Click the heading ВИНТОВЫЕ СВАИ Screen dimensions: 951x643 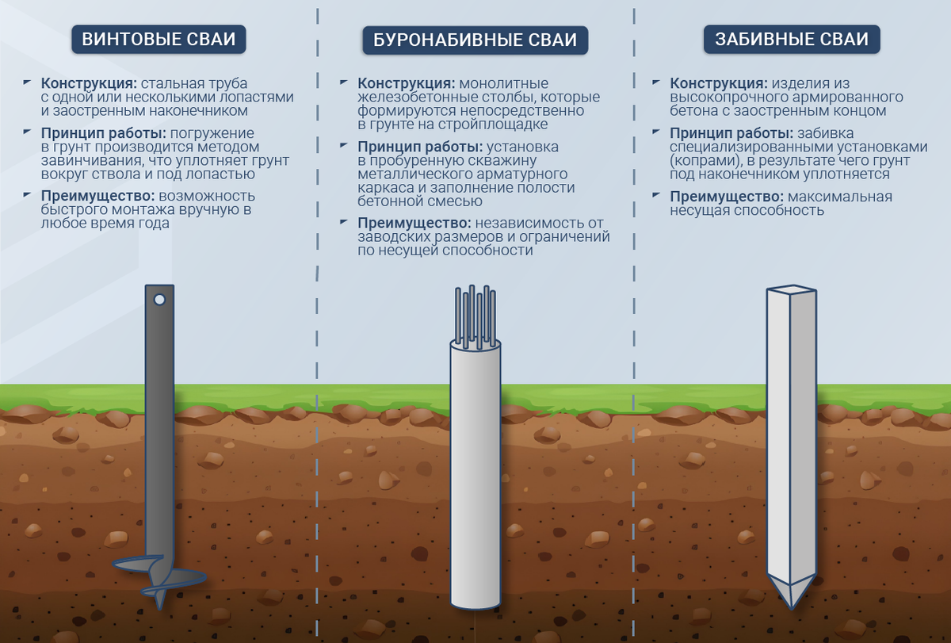[x=158, y=39]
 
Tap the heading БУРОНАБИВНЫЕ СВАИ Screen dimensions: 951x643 [x=475, y=40]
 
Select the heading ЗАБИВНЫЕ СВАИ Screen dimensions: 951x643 [x=792, y=39]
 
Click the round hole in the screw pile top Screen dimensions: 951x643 [x=159, y=300]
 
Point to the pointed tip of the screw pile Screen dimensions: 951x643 [x=159, y=608]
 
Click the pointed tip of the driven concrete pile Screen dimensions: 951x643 [x=792, y=608]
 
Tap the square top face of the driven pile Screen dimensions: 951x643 [x=792, y=289]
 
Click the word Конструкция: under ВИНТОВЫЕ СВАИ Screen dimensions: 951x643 [x=89, y=83]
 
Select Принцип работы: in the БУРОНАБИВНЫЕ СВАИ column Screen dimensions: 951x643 [x=420, y=147]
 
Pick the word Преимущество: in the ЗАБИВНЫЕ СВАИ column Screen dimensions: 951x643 [x=727, y=197]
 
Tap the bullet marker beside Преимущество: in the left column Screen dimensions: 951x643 [x=27, y=195]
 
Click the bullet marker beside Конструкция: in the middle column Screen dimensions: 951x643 [x=344, y=82]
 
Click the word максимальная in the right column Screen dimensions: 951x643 [x=840, y=197]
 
